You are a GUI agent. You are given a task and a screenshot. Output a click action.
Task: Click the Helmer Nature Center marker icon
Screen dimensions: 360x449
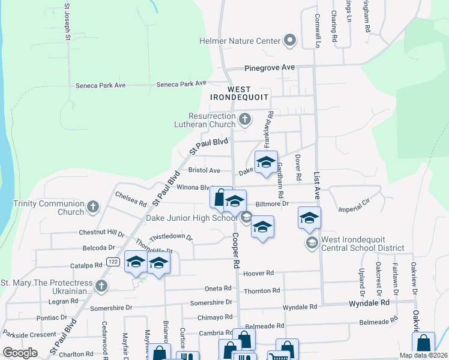pos(290,41)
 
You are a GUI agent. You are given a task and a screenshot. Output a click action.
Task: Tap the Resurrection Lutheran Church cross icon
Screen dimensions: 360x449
pos(244,119)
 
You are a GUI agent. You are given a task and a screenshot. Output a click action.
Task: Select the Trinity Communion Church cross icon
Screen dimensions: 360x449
pos(92,208)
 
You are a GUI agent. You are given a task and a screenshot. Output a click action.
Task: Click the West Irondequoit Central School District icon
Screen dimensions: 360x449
pos(312,242)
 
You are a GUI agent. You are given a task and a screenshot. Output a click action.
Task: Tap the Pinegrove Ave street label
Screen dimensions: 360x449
pos(270,68)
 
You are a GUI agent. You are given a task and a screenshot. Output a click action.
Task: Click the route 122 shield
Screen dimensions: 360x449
pos(112,261)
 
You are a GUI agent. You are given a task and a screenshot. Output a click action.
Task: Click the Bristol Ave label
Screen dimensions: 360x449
pos(205,170)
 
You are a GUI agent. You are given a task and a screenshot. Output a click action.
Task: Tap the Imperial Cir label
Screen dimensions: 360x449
pos(357,209)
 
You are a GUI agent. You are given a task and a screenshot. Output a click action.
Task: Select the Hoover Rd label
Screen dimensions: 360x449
pos(259,273)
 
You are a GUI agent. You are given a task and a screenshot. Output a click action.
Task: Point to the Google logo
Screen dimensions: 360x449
pos(20,353)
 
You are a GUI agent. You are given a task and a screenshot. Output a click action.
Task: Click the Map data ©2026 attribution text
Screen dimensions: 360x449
pos(423,355)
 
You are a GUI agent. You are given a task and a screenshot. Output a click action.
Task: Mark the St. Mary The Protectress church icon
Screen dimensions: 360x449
pos(101,286)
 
